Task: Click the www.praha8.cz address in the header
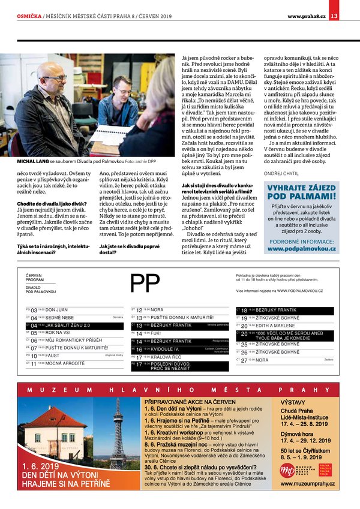pos(306,16)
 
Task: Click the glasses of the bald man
pos(55,79)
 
